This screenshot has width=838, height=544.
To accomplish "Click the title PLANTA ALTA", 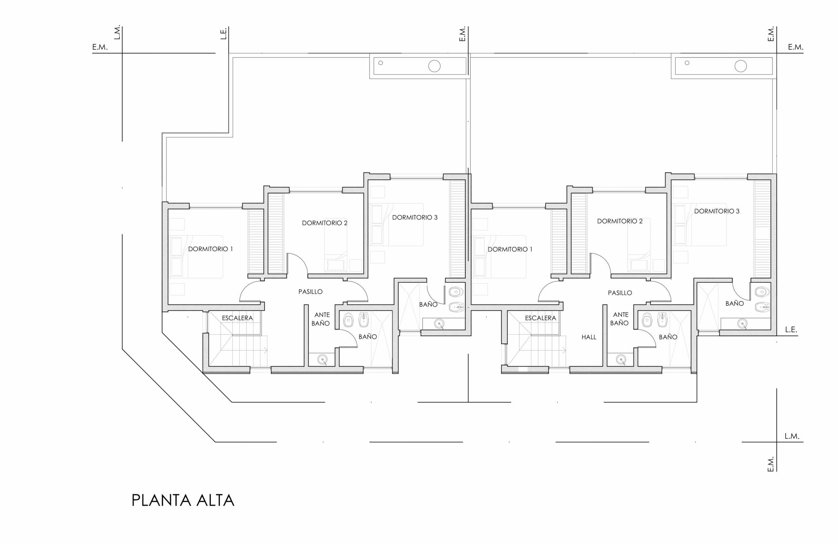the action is click(x=183, y=500).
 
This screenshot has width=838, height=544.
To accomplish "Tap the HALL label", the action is click(x=589, y=337).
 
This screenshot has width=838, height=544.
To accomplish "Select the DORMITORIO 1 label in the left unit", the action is click(x=210, y=249).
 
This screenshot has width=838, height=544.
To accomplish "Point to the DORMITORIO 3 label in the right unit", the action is click(x=717, y=211).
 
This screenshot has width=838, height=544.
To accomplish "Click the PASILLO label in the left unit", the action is click(x=310, y=292).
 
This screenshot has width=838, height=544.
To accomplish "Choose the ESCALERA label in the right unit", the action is click(x=540, y=318).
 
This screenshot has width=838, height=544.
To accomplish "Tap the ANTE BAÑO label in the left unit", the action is click(x=321, y=319).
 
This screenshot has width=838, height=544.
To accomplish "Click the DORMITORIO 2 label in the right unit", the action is click(x=620, y=221).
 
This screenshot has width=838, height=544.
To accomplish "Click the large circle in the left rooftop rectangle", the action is click(x=434, y=66).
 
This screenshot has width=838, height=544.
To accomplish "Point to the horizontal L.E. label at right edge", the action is click(x=791, y=330).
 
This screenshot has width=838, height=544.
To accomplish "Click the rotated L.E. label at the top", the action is click(x=224, y=33).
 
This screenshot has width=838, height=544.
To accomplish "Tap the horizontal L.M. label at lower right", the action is click(x=792, y=436).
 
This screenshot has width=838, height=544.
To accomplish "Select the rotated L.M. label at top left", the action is click(x=117, y=32).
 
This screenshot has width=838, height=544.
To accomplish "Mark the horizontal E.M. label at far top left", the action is click(x=100, y=47).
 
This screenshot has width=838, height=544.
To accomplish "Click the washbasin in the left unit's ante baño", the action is click(x=322, y=359).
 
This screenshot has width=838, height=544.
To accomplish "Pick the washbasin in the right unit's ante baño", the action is click(x=621, y=359).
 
